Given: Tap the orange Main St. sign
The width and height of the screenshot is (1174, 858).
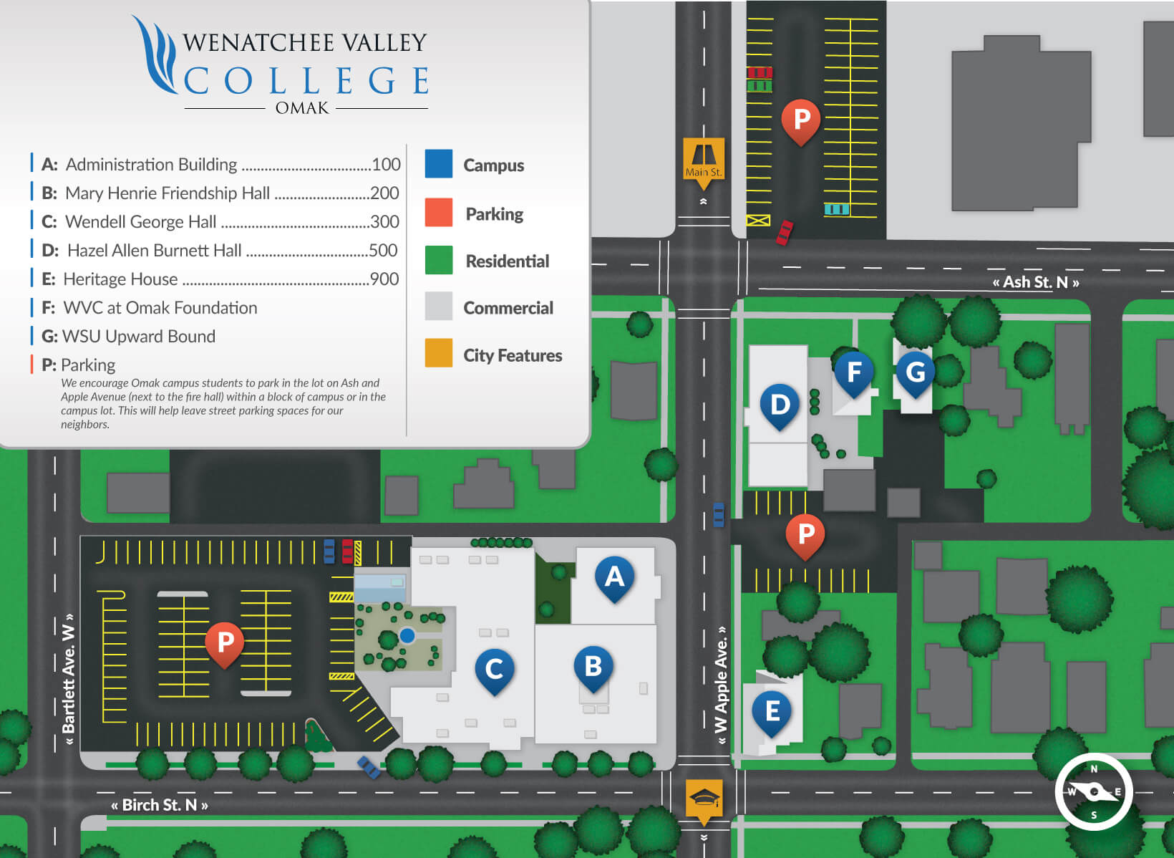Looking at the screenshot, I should [x=704, y=160].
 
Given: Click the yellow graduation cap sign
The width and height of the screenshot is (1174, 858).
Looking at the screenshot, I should [x=704, y=799].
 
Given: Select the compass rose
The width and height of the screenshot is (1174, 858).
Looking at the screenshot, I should [x=1093, y=791].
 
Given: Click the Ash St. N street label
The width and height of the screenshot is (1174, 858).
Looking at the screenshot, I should [x=1035, y=282].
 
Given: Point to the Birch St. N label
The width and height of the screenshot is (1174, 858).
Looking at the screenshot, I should [x=160, y=805].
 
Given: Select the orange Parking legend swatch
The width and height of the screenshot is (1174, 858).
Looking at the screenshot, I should [x=438, y=213].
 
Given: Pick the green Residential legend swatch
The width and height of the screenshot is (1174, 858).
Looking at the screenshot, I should [x=438, y=260].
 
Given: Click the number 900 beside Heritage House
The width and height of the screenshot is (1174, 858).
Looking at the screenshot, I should [x=384, y=279].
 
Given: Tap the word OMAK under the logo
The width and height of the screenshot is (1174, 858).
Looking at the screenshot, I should [x=302, y=108].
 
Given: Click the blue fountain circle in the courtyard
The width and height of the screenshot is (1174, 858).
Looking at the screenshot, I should [x=407, y=635].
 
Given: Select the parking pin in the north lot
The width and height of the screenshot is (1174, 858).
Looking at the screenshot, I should [x=801, y=120].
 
